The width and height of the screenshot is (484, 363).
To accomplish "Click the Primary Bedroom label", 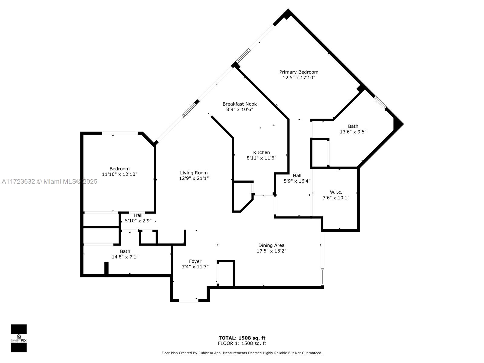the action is click(x=299, y=72).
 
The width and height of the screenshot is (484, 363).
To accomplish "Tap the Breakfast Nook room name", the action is click(x=240, y=104).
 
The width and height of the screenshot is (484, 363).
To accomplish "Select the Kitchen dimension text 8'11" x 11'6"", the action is click(x=261, y=158).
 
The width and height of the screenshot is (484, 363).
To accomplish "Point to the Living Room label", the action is click(x=194, y=173).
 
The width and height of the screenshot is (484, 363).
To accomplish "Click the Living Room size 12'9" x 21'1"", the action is click(x=194, y=178).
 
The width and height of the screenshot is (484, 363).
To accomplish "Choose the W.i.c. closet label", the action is click(x=336, y=192).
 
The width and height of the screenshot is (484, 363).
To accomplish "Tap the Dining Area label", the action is click(x=271, y=245).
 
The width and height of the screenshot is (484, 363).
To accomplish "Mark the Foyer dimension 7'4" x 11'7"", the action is click(x=195, y=267).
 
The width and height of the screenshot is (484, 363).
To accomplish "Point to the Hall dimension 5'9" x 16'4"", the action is click(x=297, y=181).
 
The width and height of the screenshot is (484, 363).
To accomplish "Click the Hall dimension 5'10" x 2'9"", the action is click(x=138, y=221).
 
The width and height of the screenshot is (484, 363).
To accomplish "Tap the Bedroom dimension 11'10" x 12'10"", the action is click(x=119, y=174).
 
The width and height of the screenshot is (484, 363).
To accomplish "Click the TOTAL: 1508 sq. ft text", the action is click(x=242, y=338).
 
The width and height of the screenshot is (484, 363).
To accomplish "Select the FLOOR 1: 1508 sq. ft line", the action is click(x=242, y=343).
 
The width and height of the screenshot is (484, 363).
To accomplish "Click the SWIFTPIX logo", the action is click(x=19, y=338).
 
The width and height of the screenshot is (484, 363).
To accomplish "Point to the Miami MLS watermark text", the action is click(x=49, y=181).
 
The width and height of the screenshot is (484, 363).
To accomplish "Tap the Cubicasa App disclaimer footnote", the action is click(x=242, y=353).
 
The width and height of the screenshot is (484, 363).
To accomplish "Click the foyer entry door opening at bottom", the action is click(x=188, y=300).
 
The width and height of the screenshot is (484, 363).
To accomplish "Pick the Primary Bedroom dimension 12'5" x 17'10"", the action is click(x=299, y=77).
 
